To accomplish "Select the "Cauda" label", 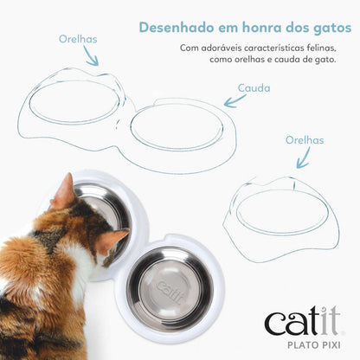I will coord(254,87).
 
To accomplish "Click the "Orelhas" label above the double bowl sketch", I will coord(78,39).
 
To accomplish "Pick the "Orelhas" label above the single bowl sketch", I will coord(304,139).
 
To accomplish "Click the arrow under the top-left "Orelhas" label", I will coord(90,55).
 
